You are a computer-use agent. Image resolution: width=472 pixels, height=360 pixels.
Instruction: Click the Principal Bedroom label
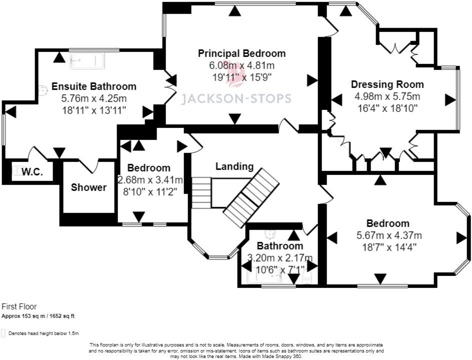[241, 53]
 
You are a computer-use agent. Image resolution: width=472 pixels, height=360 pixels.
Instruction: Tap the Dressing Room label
[387, 84]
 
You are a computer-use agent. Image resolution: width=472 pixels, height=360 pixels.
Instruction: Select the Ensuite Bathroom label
[94, 86]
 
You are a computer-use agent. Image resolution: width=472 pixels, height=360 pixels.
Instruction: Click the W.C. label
[32, 172]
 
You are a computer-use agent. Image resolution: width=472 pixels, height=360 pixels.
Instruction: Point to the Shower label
[89, 187]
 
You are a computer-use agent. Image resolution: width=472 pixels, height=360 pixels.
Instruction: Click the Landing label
[234, 166]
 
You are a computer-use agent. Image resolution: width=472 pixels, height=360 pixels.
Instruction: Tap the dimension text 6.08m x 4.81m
[241, 65]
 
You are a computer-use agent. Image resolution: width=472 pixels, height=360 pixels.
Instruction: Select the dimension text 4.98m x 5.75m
[387, 96]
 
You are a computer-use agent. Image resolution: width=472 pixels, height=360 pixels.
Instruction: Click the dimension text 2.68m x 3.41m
[150, 179]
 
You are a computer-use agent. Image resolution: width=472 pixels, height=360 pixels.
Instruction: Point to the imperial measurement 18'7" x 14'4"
[389, 247]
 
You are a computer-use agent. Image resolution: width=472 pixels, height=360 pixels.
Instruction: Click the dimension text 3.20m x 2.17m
[280, 257]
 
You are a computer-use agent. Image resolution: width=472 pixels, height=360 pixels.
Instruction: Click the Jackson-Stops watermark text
[236, 98]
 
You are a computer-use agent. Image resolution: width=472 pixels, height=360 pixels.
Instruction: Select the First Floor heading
[19, 306]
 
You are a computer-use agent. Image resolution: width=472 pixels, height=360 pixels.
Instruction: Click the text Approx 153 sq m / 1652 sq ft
[38, 316]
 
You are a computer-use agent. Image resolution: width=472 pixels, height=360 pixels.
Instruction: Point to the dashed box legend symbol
[3, 333]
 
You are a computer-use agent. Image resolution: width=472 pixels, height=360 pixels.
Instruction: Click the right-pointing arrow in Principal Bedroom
[312, 80]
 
